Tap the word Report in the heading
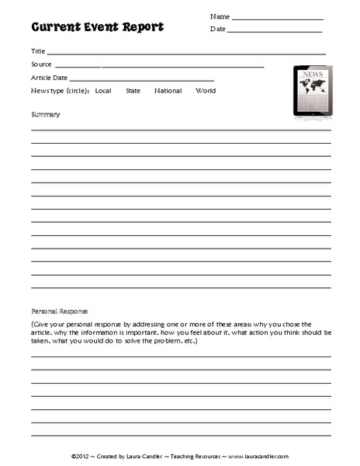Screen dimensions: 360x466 140,27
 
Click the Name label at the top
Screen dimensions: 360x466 220,16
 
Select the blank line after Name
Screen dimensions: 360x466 277,19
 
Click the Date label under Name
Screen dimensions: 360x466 217,30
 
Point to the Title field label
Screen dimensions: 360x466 38,50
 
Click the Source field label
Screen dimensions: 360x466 42,64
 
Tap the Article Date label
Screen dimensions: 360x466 50,78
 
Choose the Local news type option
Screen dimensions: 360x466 103,91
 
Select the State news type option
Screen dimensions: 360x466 133,91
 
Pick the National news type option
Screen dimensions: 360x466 168,91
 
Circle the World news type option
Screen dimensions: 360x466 206,91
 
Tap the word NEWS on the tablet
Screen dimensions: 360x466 312,75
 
